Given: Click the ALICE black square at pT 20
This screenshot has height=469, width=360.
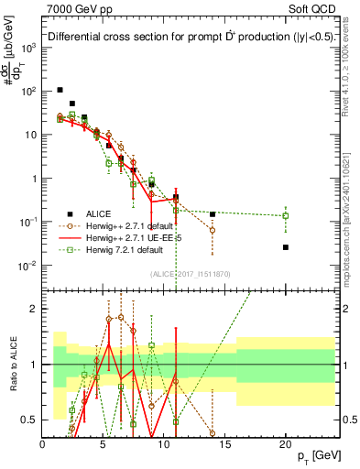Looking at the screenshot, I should click(286, 247).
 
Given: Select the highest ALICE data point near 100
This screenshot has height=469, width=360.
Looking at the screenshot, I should click(60, 90).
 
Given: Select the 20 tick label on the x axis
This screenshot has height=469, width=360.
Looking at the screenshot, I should click(286, 444).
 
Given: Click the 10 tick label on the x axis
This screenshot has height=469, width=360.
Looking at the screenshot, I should click(164, 444).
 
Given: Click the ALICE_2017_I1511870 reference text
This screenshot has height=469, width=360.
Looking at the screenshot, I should click(190, 273).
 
